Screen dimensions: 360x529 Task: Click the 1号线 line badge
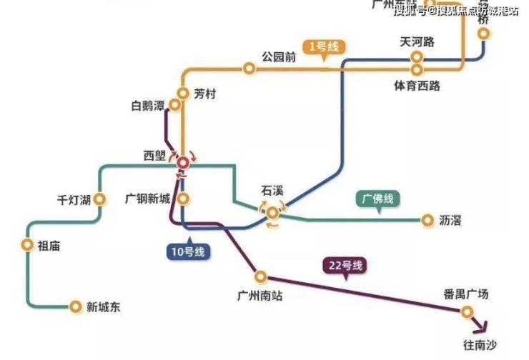pos(323,47)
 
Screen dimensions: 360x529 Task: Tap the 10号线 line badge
pos(187,251)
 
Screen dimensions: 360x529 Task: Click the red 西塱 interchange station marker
pos(183,163)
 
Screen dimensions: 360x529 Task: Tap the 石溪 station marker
pos(272,212)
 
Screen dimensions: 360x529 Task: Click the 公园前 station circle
pos(249,69)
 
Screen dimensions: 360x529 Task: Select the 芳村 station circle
pos(184,94)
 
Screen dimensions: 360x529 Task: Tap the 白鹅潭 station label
pos(148,106)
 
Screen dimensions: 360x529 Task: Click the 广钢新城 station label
pos(147,198)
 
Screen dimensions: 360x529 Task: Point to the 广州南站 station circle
pos(261,276)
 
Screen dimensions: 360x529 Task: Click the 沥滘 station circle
pos(427,220)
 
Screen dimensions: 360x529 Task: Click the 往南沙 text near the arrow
pos(479,346)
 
